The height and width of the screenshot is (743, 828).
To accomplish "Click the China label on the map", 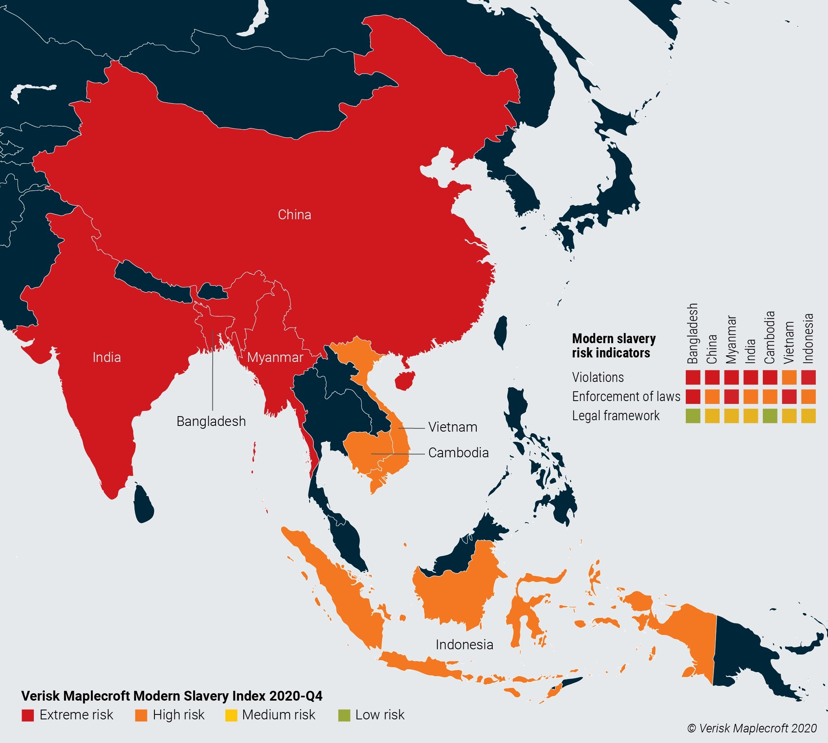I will pos(294,215).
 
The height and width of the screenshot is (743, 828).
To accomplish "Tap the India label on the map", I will pos(106,357).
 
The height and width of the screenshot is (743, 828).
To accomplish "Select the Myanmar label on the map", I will pos(275,357).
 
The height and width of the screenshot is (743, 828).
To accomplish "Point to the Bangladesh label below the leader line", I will pos(211,421).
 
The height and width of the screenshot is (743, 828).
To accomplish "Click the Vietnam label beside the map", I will pos(453,427).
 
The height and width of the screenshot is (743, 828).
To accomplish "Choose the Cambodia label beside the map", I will pos(458,453).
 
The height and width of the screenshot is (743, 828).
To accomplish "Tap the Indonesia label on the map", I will pos(465,645).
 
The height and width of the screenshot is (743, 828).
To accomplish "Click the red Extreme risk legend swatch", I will pos(28,715).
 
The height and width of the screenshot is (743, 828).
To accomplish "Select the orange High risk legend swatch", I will pos(141,715).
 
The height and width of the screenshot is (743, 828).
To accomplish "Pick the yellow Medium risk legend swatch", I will pos(231,715).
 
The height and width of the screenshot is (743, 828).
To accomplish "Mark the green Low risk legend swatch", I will pos(344,715).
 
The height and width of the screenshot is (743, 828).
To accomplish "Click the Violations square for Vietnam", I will pos(789,377).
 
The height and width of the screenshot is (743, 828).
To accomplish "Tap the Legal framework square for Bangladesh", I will pos(693,416).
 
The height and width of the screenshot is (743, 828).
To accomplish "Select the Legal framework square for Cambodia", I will pos(770,416).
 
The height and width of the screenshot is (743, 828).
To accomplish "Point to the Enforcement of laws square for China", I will pos(712,397).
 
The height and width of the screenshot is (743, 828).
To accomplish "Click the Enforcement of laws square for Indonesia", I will pos(808,397).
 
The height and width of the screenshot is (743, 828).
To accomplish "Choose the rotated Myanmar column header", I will pos(731,340).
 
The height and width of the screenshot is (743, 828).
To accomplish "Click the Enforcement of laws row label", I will pos(626,397).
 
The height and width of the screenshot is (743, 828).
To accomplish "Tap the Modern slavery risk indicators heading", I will pos(613,345).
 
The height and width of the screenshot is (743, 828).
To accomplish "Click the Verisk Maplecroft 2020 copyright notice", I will pos(752,728).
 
